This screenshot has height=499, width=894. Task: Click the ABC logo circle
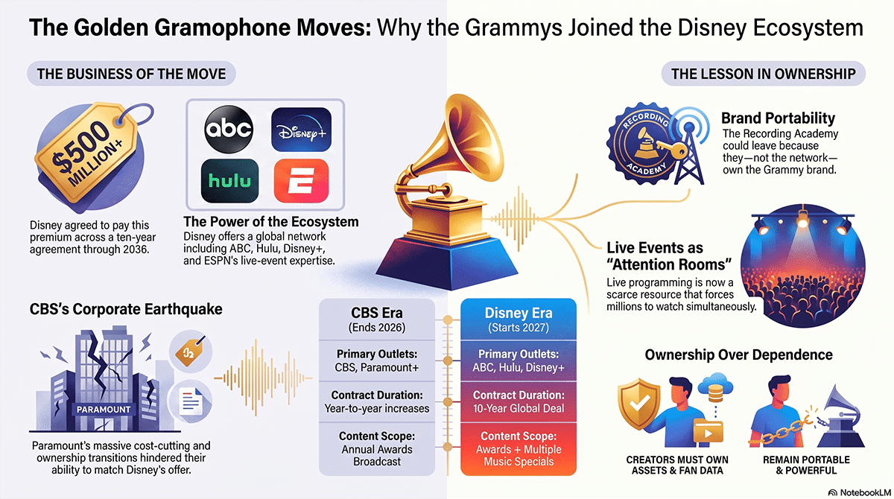[x=228, y=130]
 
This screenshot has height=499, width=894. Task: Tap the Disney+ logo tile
[x=301, y=130]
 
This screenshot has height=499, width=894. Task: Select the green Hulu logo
[x=229, y=181]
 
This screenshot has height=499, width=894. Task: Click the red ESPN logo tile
[x=301, y=181]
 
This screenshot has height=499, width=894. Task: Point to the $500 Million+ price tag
[x=91, y=152]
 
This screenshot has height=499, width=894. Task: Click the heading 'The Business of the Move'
[x=131, y=74]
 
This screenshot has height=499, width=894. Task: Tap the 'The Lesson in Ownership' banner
[x=763, y=74]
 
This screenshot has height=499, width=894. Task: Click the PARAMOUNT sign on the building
[x=104, y=409]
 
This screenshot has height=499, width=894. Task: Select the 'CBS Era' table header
[x=377, y=320]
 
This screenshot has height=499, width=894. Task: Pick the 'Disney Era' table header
[x=519, y=320]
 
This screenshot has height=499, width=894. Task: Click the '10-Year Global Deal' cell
[x=519, y=401]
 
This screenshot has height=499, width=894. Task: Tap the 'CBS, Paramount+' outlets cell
[x=377, y=360]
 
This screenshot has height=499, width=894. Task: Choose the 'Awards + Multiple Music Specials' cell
[x=519, y=449]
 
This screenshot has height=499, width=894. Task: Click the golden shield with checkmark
[x=639, y=404]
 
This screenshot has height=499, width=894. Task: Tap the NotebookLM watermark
[x=859, y=492]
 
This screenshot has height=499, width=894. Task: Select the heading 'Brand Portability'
[x=778, y=118]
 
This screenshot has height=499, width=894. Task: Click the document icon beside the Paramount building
[x=191, y=401]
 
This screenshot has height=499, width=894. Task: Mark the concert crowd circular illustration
[x=802, y=266]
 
